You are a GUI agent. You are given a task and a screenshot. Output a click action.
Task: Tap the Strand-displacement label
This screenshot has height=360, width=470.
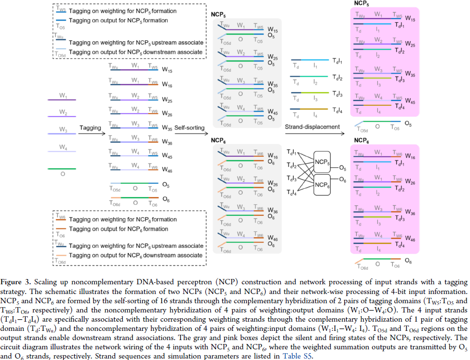pyautogui.click(x=312, y=128)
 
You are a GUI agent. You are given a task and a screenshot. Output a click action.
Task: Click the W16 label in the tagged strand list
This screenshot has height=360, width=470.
pyautogui.click(x=167, y=84)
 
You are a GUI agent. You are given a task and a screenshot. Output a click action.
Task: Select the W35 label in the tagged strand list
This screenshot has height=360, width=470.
pyautogui.click(x=167, y=129)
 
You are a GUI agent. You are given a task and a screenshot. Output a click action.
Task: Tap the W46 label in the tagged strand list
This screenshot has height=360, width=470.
pyautogui.click(x=167, y=170)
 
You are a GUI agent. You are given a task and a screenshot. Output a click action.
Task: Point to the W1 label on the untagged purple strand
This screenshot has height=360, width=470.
pyautogui.click(x=63, y=96)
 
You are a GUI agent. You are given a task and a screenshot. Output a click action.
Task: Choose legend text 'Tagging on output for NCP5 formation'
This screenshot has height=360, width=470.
pyautogui.click(x=118, y=21)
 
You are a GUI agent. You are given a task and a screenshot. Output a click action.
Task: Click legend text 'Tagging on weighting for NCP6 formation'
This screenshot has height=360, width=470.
pyautogui.click(x=122, y=219)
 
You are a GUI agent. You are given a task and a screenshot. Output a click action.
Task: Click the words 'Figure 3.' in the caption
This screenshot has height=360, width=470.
pyautogui.click(x=18, y=282)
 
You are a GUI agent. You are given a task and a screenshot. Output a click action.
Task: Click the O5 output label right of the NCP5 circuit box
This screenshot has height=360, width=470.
pyautogui.click(x=343, y=168)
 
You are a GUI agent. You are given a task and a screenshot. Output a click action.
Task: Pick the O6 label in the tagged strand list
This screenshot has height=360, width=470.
pyautogui.click(x=166, y=199)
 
